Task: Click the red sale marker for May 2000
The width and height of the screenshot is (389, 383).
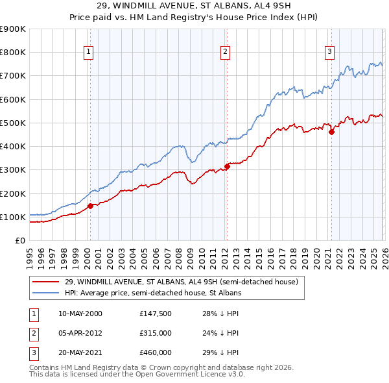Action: (x=90, y=206)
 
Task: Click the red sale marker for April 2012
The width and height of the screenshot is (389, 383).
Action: (x=227, y=166)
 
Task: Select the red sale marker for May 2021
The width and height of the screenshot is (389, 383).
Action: (x=331, y=132)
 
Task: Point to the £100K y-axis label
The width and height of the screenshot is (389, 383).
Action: (x=13, y=217)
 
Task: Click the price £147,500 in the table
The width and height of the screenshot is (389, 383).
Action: (x=155, y=314)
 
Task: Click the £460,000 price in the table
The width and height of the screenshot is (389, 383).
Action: (x=155, y=352)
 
